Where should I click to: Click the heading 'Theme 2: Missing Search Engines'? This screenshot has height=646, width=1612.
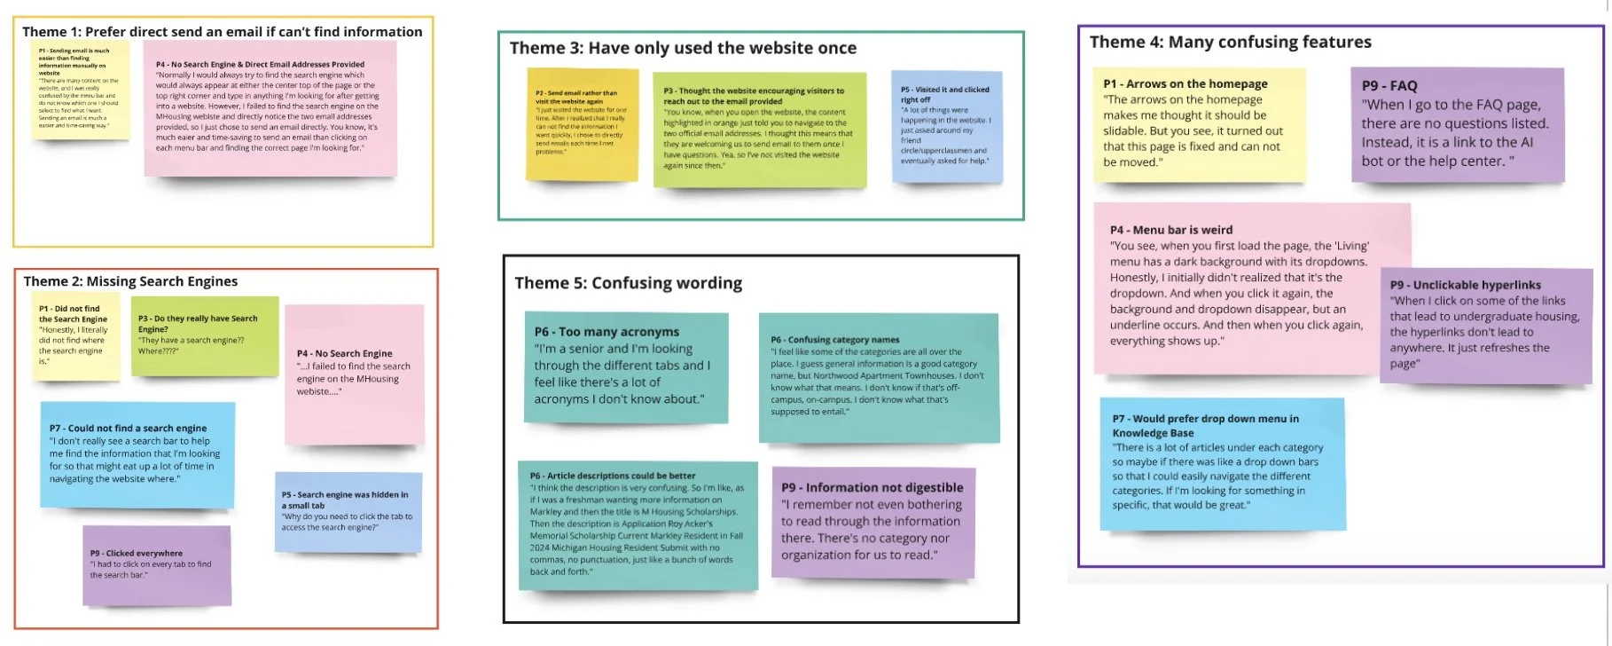(130, 281)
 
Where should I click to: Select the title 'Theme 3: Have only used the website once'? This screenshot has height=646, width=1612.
(683, 48)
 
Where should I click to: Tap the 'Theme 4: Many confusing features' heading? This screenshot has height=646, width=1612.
(1230, 42)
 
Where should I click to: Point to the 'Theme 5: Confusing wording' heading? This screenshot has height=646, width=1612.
(628, 283)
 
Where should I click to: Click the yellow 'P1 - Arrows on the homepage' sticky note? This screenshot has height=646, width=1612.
(1198, 124)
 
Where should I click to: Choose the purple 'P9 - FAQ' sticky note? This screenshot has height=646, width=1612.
(1457, 124)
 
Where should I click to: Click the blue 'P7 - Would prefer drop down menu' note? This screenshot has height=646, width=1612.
(1222, 463)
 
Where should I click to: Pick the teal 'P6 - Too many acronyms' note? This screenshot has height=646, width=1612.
(625, 366)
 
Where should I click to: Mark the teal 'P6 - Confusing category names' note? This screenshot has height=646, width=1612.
(878, 377)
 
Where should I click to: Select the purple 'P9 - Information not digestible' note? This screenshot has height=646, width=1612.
(873, 522)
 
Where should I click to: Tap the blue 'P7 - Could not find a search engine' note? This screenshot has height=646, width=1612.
(137, 454)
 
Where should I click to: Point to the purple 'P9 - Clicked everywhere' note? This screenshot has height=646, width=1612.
(156, 565)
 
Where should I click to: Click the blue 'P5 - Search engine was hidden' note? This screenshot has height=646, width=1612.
(348, 511)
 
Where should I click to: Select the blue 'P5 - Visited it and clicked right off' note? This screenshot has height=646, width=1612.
(946, 126)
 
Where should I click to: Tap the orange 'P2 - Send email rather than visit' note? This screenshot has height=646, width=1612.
(582, 123)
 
